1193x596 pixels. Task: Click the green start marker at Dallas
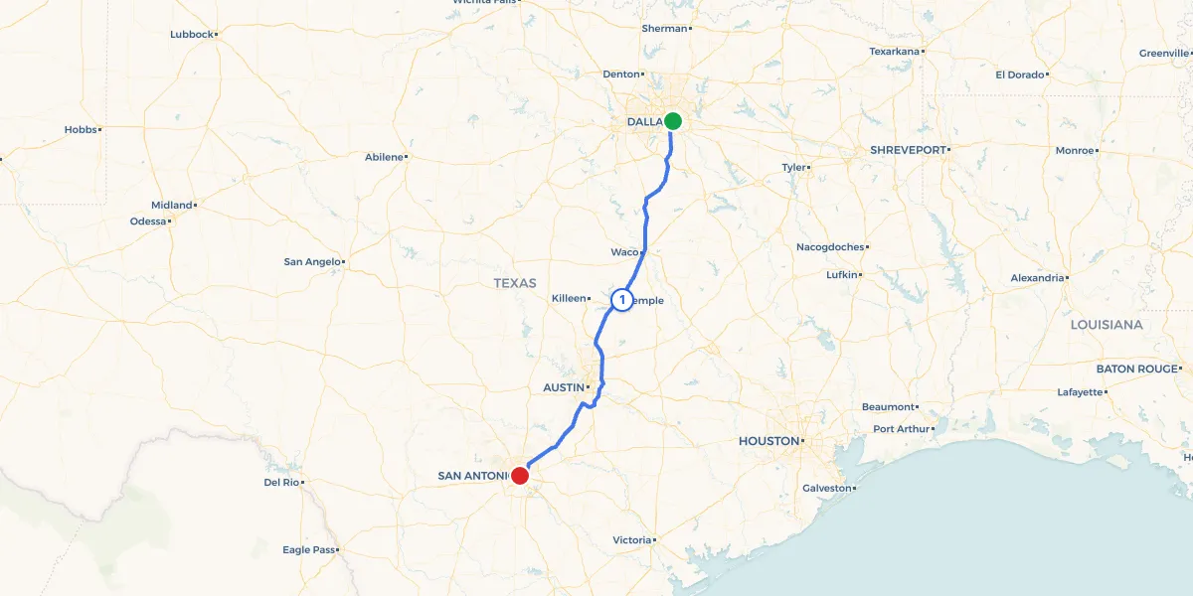coord(673,121)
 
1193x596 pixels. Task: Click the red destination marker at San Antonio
coord(519,476)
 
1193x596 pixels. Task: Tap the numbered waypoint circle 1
coord(622,299)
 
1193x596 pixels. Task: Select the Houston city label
coord(768,441)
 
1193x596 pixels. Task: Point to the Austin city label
coord(563,387)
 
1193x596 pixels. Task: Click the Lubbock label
coord(192,34)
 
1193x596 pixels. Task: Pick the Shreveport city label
coord(908,149)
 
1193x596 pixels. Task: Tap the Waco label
coord(624,252)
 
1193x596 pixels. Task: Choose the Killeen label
coord(570,298)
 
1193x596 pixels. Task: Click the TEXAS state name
coord(515,283)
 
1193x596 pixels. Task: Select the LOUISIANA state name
coord(1107,325)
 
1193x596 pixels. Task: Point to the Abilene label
coord(384,157)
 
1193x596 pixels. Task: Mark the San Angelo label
coord(312,262)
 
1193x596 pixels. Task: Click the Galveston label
coord(826,488)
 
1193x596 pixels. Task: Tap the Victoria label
coord(631,540)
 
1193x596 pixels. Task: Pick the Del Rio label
coord(281,482)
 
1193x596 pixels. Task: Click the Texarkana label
coord(895,51)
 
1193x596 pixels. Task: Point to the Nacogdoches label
coord(830,246)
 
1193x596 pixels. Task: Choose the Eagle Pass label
coord(309,549)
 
